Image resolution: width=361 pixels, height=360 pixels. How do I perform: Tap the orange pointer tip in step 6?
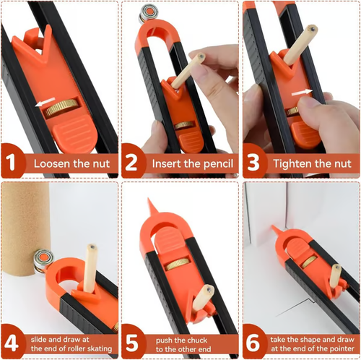click(274, 230)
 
